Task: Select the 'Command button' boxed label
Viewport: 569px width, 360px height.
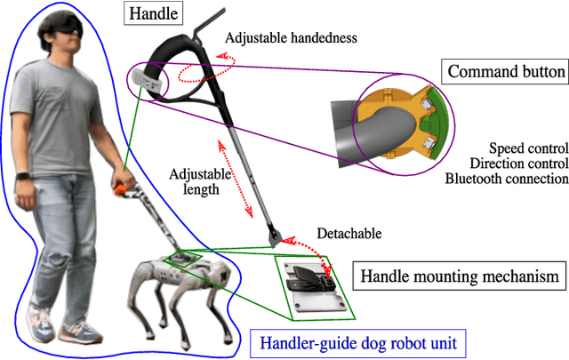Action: tap(503, 71)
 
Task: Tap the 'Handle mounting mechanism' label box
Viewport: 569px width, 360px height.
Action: tap(460, 276)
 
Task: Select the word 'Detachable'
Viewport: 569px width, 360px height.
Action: tap(349, 234)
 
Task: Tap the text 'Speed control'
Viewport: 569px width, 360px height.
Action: tap(528, 148)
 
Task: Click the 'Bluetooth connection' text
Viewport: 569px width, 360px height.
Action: tap(506, 179)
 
